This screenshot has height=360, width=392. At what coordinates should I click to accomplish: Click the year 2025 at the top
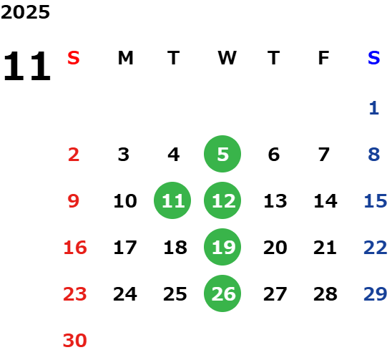(25, 12)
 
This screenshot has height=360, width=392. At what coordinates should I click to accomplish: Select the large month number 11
(27, 66)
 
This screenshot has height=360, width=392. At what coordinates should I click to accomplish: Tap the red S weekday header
(74, 58)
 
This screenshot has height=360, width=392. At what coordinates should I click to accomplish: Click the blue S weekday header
(373, 58)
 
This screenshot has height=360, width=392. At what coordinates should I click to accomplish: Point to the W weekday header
(227, 58)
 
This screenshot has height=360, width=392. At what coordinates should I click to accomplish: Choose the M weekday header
(125, 58)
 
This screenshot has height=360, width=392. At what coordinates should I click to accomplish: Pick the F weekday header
(324, 58)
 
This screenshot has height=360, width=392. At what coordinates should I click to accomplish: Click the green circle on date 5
(222, 154)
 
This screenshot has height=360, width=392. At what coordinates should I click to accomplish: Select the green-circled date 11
(172, 200)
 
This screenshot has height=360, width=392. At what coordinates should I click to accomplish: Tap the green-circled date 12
(222, 200)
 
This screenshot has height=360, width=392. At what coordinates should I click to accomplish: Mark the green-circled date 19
(222, 247)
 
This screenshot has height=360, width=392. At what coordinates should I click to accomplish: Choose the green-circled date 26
(222, 293)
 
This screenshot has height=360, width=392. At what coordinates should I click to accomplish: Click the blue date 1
(373, 108)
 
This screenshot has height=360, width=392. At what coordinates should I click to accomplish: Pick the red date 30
(74, 340)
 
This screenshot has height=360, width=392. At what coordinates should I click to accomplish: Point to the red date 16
(75, 248)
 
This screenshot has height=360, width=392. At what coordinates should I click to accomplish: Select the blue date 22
(376, 248)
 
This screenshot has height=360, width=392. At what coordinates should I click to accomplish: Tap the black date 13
(275, 201)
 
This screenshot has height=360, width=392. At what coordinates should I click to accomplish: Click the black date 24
(125, 294)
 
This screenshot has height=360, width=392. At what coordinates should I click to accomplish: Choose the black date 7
(324, 155)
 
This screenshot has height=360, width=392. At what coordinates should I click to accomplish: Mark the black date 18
(175, 248)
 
